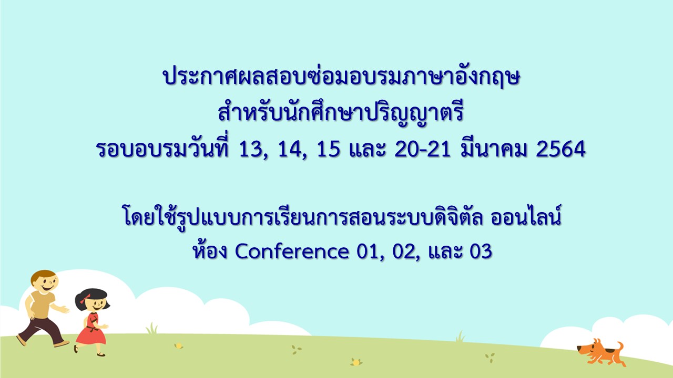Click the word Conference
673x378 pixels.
pyautogui.click(x=292, y=251)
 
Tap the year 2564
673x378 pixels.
pyautogui.click(x=560, y=149)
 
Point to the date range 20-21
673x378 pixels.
pyautogui.click(x=422, y=149)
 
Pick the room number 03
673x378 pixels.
pyautogui.click(x=481, y=251)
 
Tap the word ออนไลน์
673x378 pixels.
pyautogui.click(x=526, y=215)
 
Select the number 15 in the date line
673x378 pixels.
pyautogui.click(x=329, y=149)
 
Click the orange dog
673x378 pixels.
pyautogui.click(x=600, y=352)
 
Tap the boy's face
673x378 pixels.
pyautogui.click(x=45, y=282)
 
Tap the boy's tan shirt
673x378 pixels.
pyautogui.click(x=40, y=303)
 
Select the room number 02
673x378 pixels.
pyautogui.click(x=405, y=252)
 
